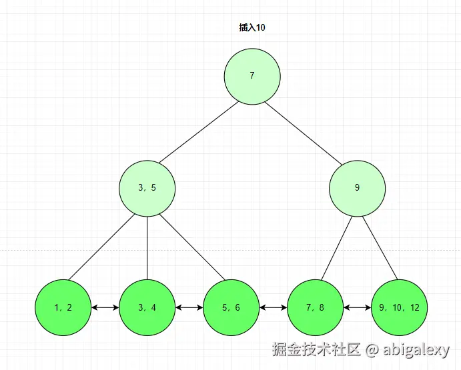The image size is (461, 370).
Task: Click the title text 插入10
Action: [x=252, y=28]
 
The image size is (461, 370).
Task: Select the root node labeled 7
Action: [x=252, y=75]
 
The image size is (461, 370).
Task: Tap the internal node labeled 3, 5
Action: [x=147, y=188]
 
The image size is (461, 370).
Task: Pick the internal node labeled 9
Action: [x=357, y=188]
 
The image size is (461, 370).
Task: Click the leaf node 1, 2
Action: [x=63, y=308]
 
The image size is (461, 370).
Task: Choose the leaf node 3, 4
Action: [x=147, y=308]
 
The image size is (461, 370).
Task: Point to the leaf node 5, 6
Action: [x=231, y=308]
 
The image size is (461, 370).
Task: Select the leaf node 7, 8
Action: [x=315, y=308]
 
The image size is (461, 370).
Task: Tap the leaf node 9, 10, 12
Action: [x=399, y=308]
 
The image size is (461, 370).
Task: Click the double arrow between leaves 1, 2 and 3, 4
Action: [x=105, y=308]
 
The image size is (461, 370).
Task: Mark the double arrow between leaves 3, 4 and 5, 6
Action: [x=189, y=308]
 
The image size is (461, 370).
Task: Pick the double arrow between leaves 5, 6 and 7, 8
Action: [x=273, y=308]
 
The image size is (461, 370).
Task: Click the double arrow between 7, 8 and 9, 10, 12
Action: [x=357, y=308]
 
